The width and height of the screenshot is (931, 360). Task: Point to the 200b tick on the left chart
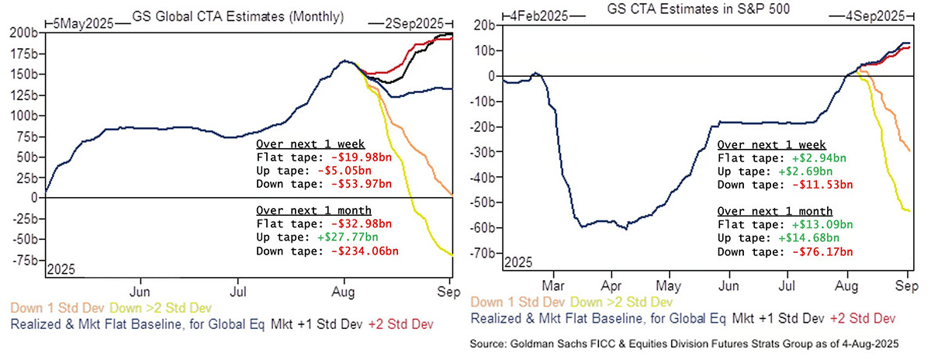21,33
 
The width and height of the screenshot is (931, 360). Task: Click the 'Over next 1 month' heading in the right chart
775,210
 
